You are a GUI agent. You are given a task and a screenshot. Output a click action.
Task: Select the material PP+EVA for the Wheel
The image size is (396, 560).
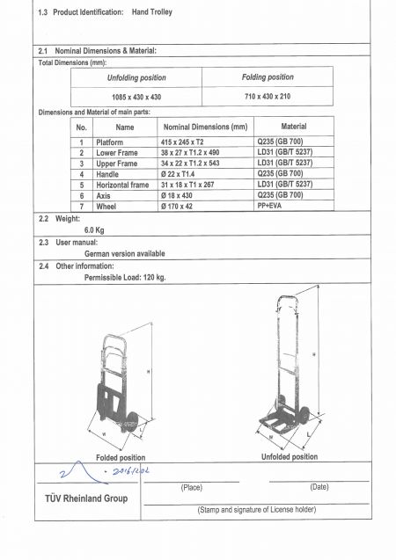click(x=273, y=206)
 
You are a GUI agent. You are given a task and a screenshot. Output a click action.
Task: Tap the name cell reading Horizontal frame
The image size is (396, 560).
click(x=122, y=185)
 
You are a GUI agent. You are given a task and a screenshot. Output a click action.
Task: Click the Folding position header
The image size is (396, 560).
click(x=268, y=77)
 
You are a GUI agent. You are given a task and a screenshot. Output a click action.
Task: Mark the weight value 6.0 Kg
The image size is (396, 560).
click(x=95, y=229)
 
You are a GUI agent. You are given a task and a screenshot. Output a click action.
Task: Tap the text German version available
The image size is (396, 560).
click(x=124, y=253)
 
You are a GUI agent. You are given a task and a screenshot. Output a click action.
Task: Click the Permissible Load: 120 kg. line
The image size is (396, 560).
click(x=125, y=277)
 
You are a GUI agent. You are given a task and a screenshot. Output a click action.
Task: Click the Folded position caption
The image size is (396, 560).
click(x=121, y=458)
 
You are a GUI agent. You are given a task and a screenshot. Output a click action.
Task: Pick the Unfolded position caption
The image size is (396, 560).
click(x=290, y=457)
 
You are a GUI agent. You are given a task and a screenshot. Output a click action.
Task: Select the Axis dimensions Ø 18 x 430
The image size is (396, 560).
click(x=181, y=195)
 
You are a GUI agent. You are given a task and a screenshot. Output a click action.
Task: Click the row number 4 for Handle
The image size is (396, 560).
click(x=81, y=174)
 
